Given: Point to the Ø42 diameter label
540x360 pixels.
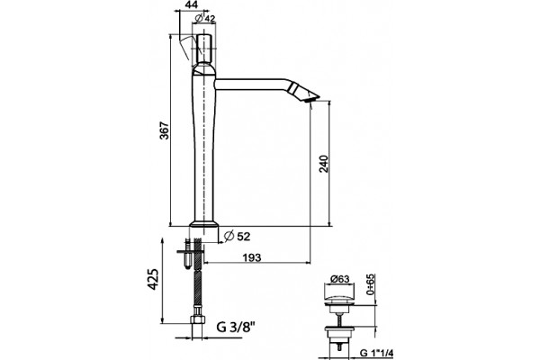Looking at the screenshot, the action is (x=205, y=18).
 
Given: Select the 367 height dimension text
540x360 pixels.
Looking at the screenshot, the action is (x=165, y=130).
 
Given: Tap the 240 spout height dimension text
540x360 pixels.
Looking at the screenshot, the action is (x=324, y=164).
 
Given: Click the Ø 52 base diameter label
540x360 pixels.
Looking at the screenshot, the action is (x=237, y=237).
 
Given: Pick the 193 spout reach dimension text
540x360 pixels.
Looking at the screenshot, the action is (x=252, y=257).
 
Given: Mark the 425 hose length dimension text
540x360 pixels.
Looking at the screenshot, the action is (x=154, y=279).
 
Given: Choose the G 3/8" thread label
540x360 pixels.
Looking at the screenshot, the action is (x=236, y=326).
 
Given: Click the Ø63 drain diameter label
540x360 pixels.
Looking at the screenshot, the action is (x=339, y=279).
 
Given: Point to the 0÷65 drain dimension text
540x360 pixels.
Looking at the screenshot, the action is (x=370, y=285).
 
